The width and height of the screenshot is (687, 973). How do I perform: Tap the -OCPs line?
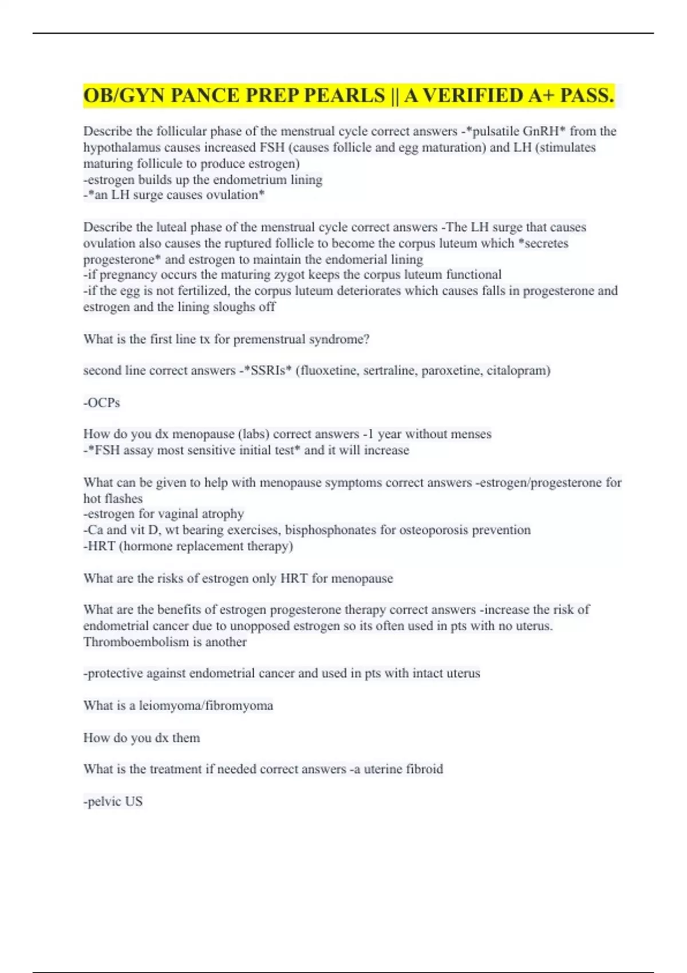[x=102, y=403]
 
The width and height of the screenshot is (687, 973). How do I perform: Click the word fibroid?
[x=424, y=769]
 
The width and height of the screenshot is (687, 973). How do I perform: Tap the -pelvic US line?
[x=113, y=801]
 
